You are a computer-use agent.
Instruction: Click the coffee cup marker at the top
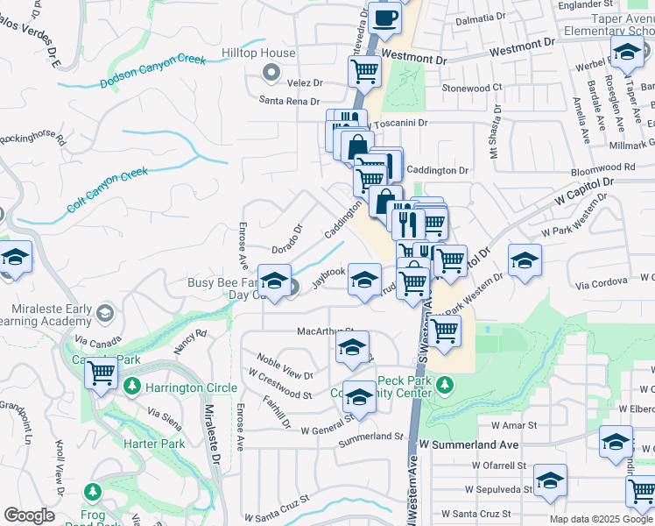[384, 18]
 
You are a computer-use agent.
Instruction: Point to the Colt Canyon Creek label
[108, 191]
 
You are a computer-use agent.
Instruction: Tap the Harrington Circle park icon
[132, 387]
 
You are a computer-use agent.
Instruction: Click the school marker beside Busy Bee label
[275, 282]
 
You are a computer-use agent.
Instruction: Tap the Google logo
[29, 515]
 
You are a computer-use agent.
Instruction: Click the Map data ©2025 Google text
[602, 519]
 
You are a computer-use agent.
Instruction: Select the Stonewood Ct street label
[472, 89]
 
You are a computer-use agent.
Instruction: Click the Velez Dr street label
[305, 82]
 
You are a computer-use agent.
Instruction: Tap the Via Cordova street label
[602, 282]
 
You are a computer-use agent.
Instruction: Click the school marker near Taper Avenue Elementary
[626, 54]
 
